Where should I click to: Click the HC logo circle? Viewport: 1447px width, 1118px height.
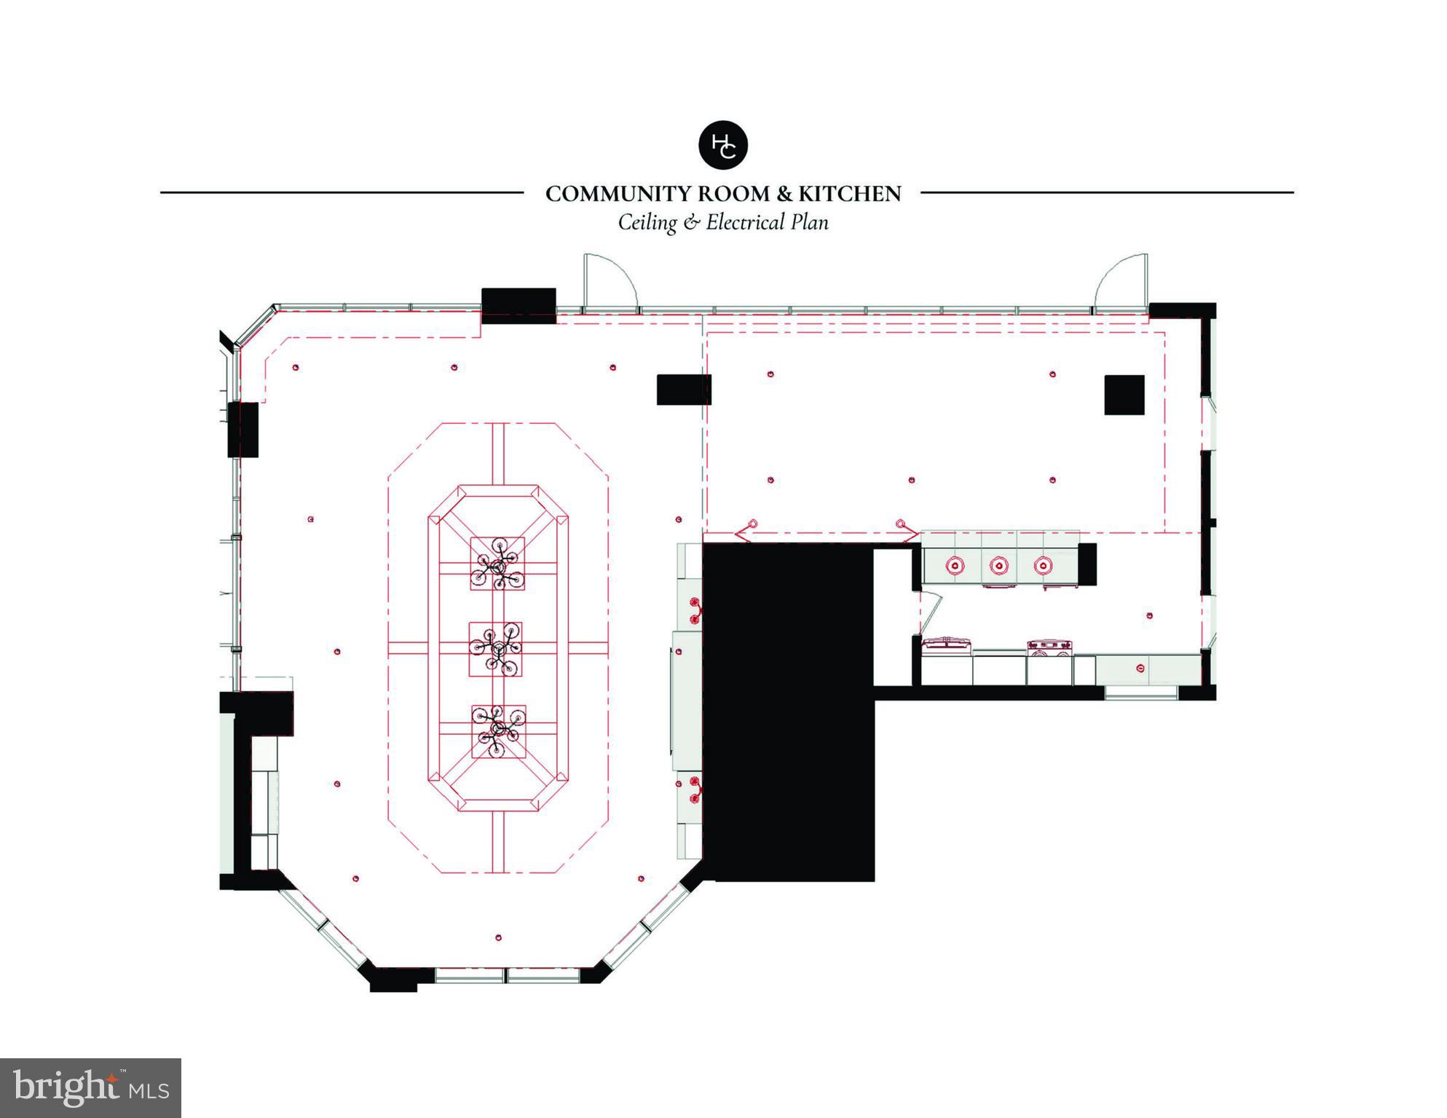tap(722, 145)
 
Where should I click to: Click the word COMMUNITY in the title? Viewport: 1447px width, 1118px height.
tap(620, 194)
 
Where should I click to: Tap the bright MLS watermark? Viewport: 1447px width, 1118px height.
tap(90, 1087)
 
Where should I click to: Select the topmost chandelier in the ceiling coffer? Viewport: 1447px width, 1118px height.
tap(497, 564)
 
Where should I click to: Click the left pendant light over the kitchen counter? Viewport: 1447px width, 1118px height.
tap(955, 565)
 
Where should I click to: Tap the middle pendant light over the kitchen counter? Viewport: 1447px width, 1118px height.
tap(998, 565)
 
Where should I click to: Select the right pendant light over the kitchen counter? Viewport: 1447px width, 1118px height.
tap(1043, 565)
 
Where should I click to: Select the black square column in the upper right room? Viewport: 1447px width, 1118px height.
tap(1124, 395)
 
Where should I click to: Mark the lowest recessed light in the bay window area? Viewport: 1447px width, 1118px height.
tap(498, 937)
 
